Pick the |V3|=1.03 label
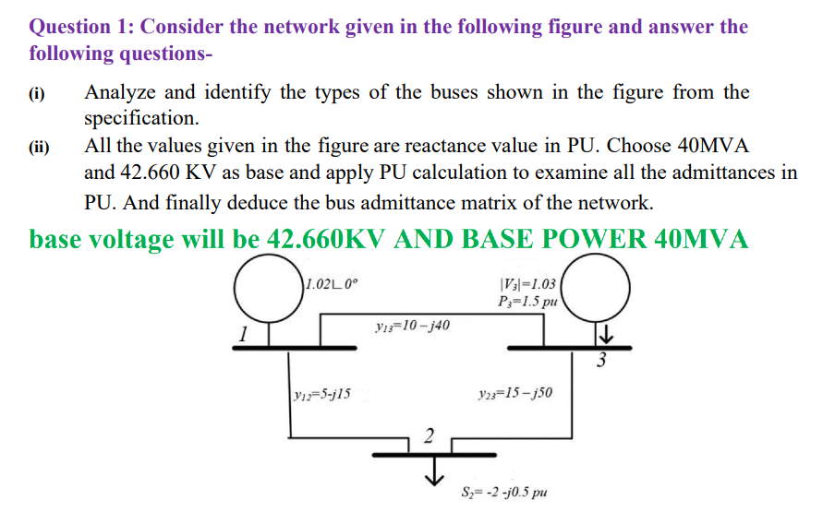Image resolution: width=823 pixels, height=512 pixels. (526, 284)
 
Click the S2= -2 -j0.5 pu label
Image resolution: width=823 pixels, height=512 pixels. (504, 491)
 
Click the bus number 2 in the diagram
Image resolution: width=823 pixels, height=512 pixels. (427, 436)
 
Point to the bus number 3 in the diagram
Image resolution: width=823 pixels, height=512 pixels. (602, 360)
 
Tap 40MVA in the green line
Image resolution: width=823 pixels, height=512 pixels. (700, 240)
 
